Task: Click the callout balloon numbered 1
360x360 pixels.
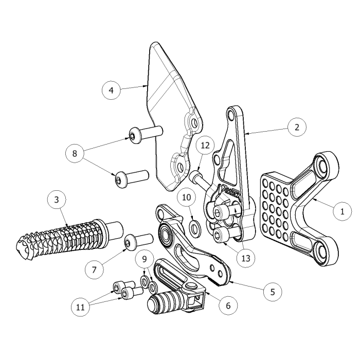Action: click(343, 211)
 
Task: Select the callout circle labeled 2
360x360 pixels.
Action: click(297, 127)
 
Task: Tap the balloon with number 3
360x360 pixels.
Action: click(57, 200)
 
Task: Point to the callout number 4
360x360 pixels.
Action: click(111, 90)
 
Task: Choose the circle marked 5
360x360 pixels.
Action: click(273, 292)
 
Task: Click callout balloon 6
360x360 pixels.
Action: click(228, 305)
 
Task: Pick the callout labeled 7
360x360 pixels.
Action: click(94, 270)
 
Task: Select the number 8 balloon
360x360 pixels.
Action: click(75, 153)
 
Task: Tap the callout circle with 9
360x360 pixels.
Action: click(145, 259)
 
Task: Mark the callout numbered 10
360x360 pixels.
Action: click(186, 197)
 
